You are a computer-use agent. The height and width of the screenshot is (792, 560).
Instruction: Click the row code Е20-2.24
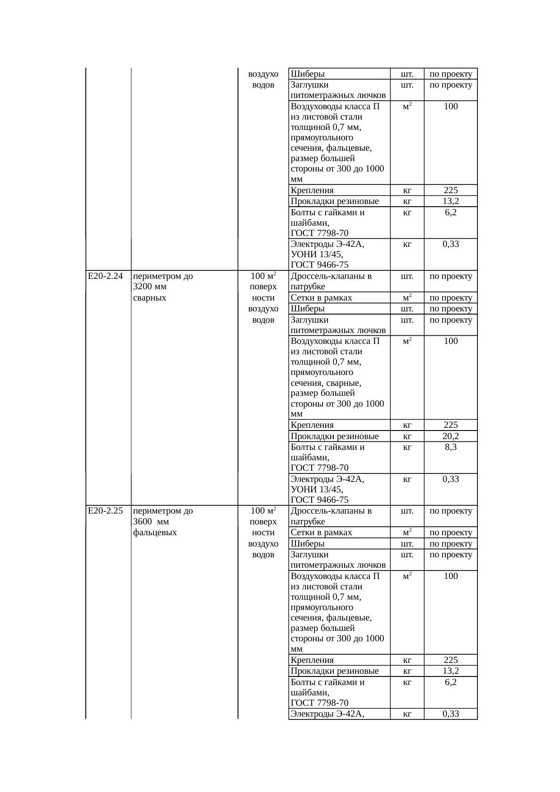106,276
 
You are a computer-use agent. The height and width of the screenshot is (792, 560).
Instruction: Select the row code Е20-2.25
106,511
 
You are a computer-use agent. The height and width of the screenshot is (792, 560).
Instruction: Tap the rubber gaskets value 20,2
451,436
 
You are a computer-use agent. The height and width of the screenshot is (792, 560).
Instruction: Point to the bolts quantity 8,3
451,447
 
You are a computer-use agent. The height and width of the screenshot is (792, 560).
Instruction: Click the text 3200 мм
150,287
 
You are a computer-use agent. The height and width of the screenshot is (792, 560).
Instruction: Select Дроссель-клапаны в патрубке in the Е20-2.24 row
331,281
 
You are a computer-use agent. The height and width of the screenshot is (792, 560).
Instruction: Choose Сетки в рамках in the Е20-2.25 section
322,533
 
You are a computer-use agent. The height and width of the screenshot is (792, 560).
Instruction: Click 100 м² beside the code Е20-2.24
263,276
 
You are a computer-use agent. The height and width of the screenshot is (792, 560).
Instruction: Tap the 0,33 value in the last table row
451,713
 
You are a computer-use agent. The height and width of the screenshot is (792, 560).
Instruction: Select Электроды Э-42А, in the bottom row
328,713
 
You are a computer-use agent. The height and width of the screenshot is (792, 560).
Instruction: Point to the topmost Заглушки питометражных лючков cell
338,90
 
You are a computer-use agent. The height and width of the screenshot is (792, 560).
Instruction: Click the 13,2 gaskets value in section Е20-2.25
451,671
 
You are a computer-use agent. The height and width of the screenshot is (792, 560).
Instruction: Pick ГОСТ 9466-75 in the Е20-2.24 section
319,500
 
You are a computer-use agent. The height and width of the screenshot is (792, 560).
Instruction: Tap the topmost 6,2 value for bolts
451,213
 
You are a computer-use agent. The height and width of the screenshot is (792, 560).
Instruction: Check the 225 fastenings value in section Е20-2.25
451,660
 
